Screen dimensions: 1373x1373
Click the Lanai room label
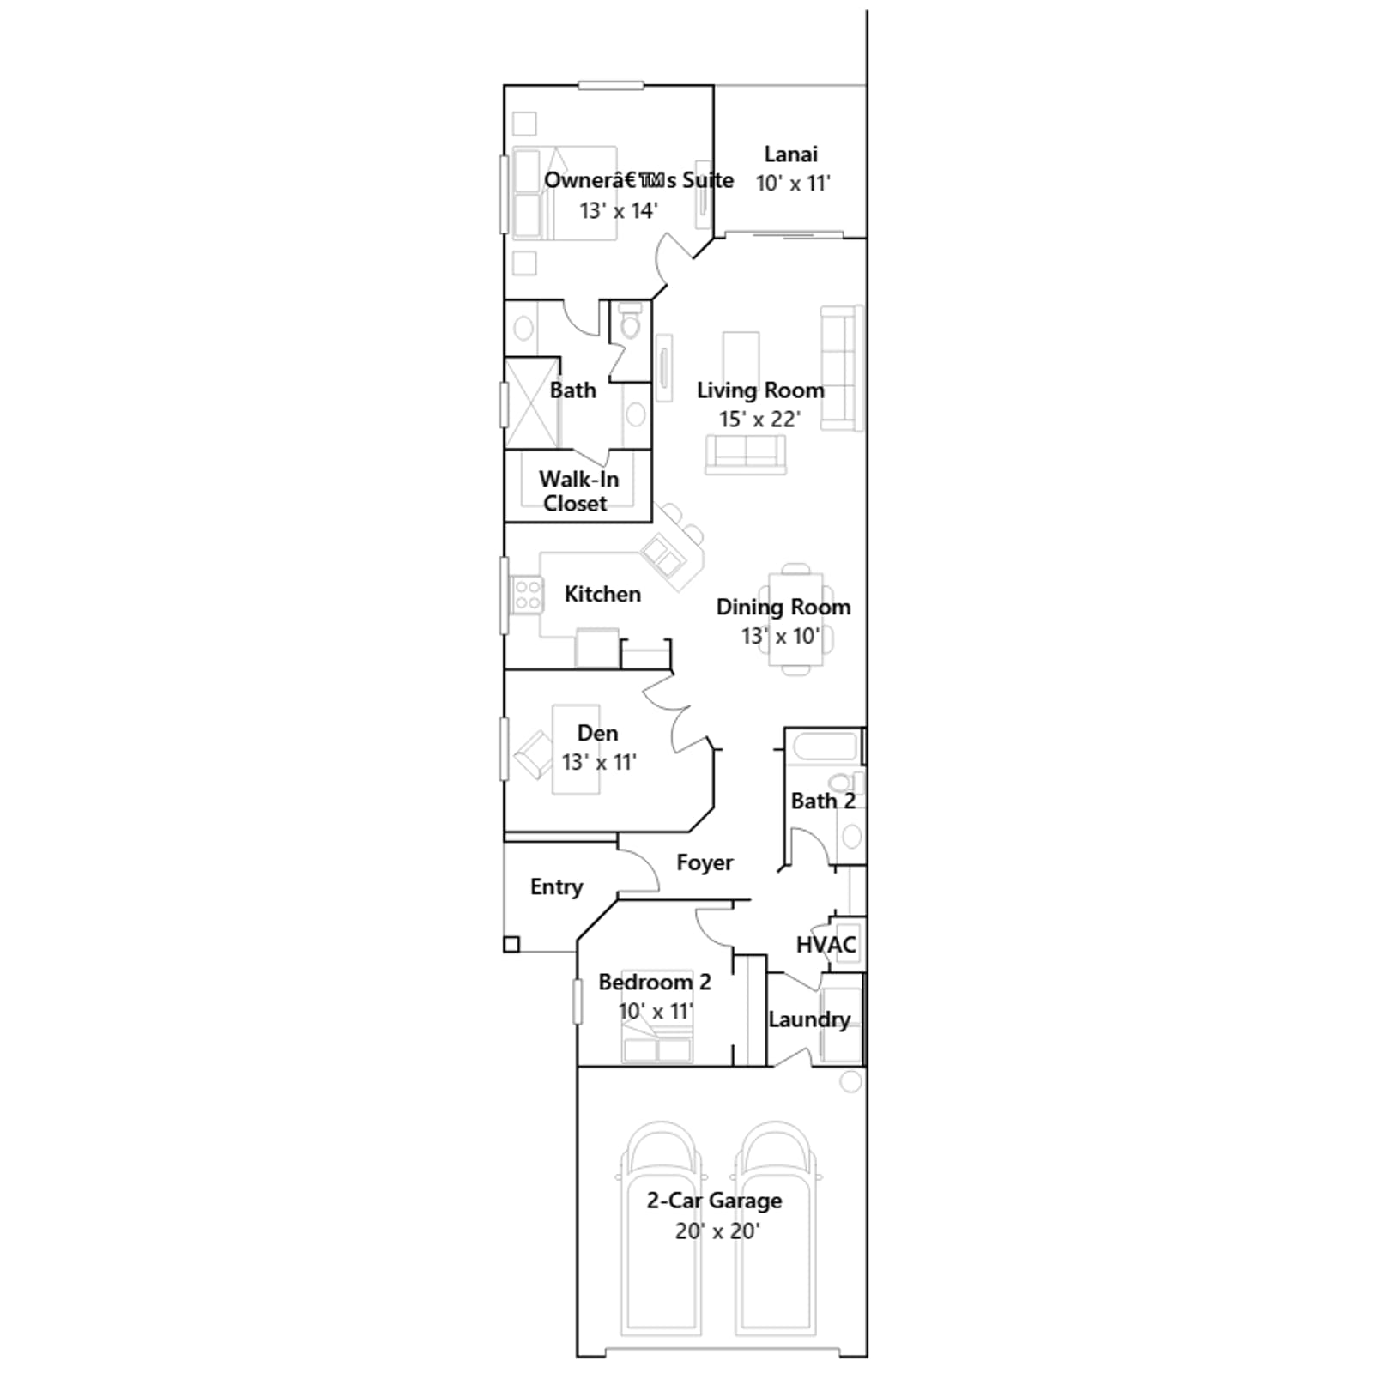point(790,154)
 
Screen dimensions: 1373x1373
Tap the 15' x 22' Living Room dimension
point(759,420)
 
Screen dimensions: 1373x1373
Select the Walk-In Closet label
point(578,491)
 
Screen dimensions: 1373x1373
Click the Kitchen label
point(602,594)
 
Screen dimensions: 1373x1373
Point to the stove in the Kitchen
point(527,596)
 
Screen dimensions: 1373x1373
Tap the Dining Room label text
point(783,608)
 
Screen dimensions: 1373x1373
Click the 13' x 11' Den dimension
point(599,762)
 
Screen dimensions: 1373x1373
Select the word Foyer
point(705,862)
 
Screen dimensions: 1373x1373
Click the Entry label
point(556,887)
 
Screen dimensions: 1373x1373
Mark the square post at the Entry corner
point(511,945)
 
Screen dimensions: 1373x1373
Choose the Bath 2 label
point(823,801)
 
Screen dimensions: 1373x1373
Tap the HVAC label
point(826,945)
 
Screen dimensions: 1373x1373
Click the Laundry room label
point(809,1019)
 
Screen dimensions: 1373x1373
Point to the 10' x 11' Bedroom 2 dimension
point(656,1012)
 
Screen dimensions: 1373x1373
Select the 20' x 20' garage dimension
point(717,1231)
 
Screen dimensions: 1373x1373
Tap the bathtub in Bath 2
point(825,747)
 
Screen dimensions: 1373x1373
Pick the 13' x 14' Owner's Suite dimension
point(618,210)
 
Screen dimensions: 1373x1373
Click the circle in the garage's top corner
point(850,1082)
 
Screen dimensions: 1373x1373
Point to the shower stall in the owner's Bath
point(532,403)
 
